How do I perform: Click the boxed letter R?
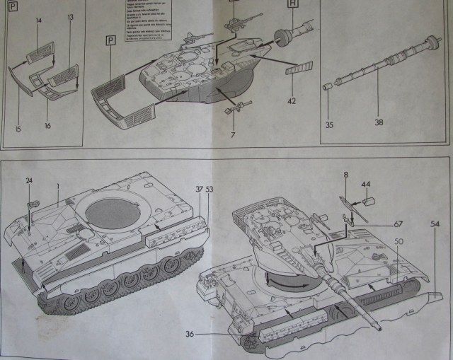point(292,3)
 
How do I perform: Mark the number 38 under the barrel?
point(379,122)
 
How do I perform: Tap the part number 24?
point(30,180)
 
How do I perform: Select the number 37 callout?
point(199,189)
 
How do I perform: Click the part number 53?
point(210,189)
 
